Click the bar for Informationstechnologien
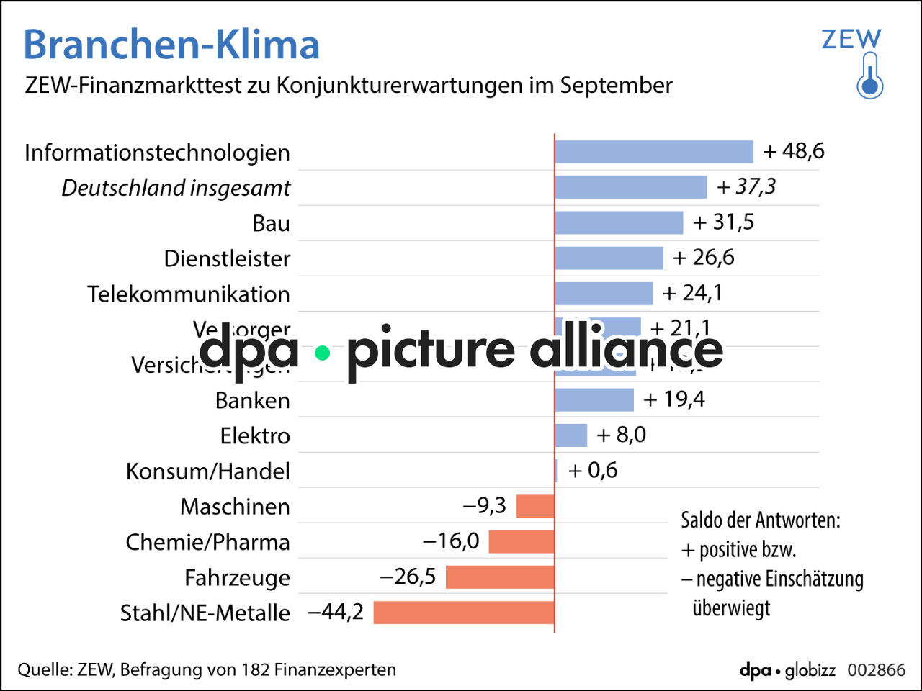654,152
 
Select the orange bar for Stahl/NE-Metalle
464,613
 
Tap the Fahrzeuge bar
500,577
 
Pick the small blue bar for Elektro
571,435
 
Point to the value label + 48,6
794,151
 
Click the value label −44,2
336,612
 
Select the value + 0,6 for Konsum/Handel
593,471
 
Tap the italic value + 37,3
747,186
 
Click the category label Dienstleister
227,258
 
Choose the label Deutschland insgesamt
176,188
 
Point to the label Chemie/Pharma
207,542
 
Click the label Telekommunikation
189,294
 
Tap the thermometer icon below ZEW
870,76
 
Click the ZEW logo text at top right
851,39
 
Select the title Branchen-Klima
171,45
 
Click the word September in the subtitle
616,86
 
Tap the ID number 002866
876,670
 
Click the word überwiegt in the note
731,608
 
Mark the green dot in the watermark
323,353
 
